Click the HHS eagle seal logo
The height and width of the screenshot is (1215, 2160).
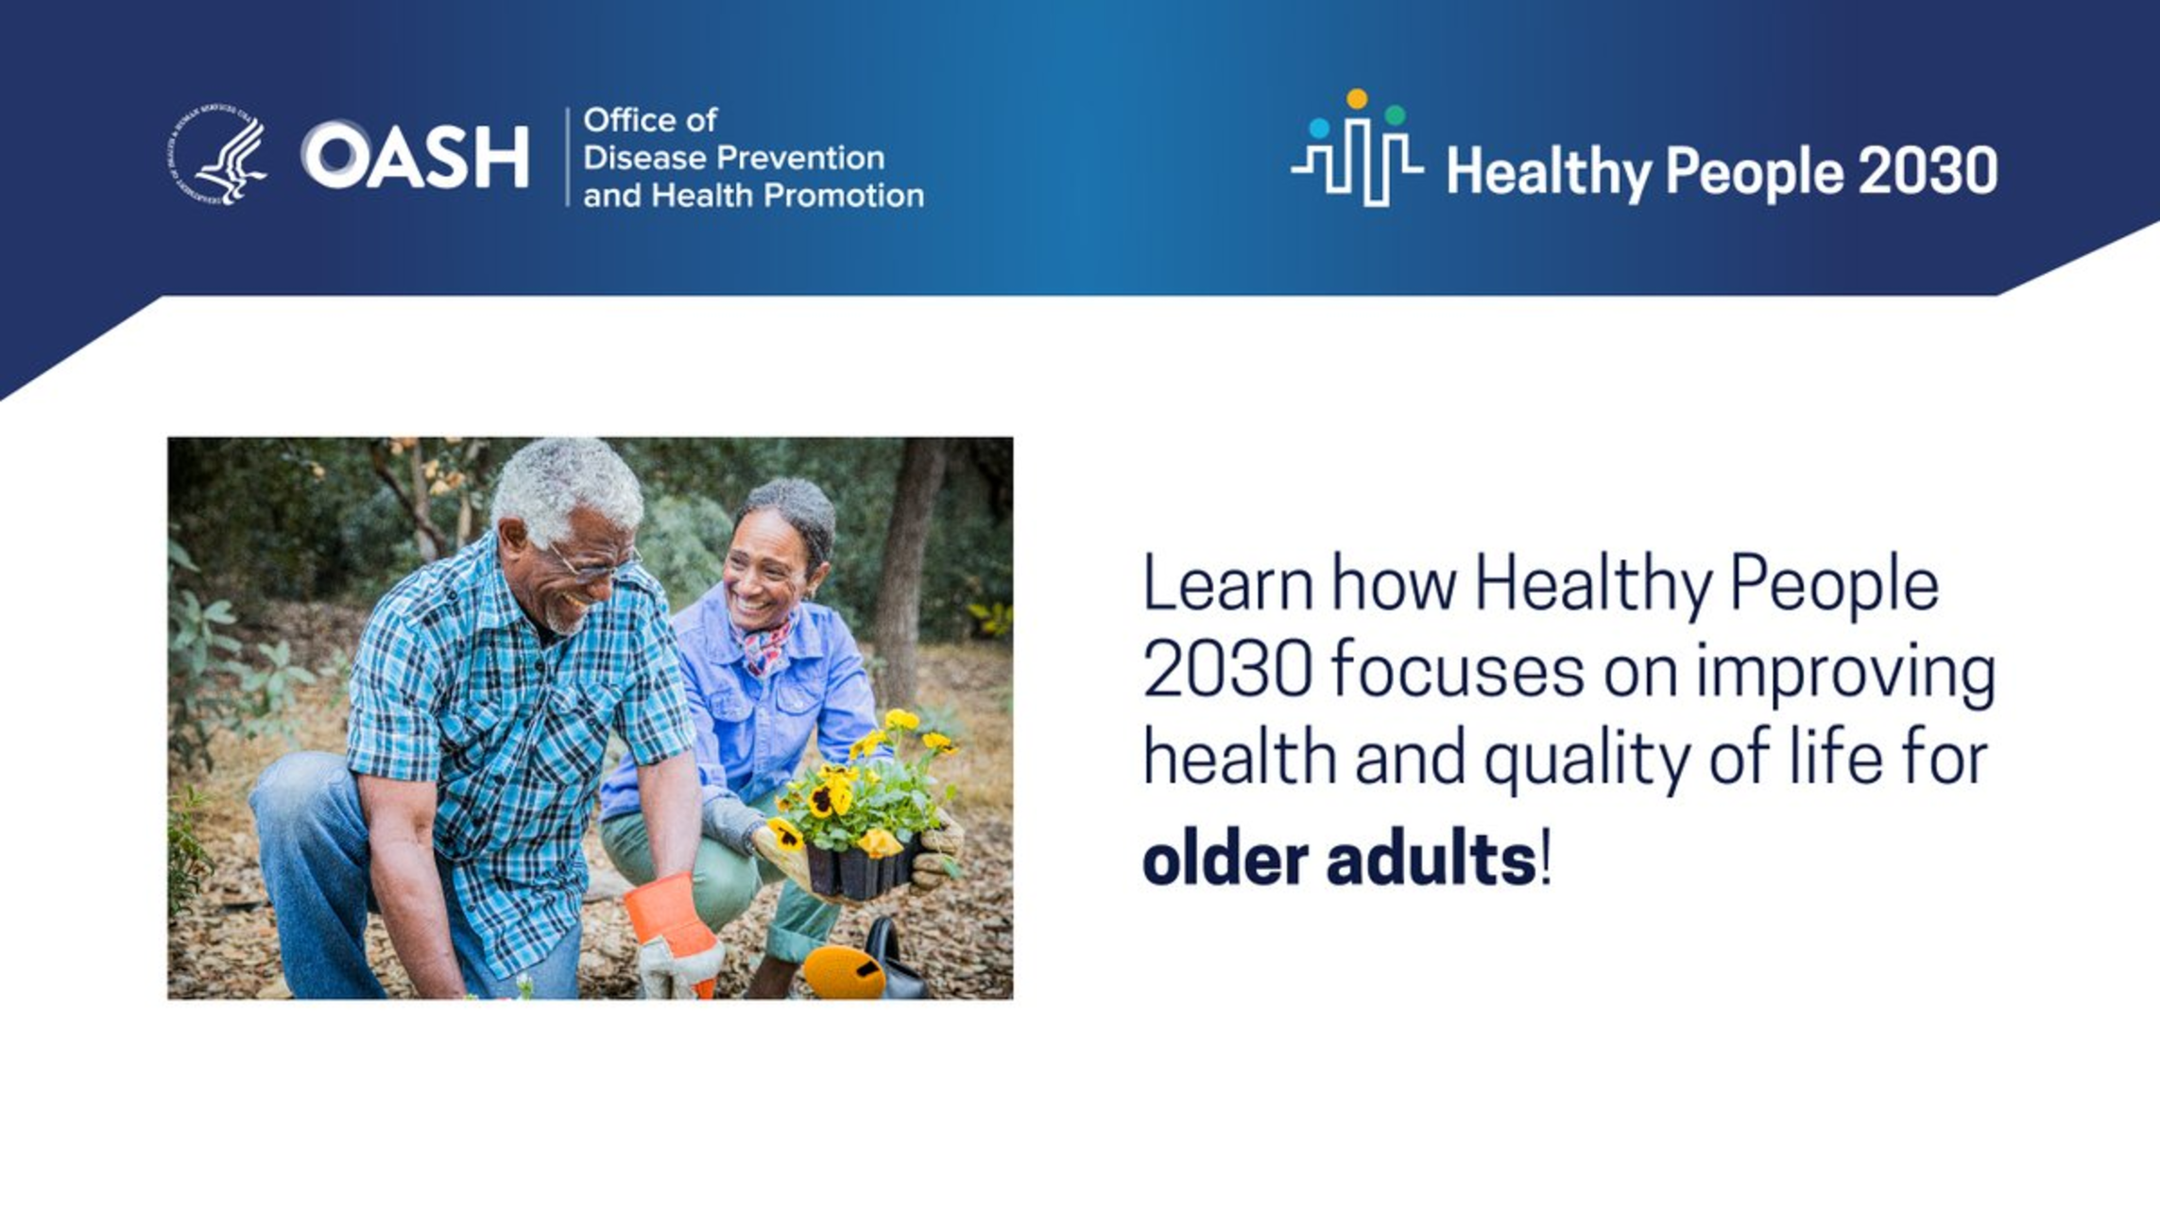(217, 154)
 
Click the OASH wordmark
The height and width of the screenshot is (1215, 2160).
(415, 155)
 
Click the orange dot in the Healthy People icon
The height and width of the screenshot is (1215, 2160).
(1357, 98)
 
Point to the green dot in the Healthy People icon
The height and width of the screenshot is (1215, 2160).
(1395, 115)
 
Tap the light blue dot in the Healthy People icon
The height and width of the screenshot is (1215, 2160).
(1319, 128)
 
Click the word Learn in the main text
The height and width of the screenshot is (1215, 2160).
(1227, 584)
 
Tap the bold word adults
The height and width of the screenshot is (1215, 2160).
(1431, 858)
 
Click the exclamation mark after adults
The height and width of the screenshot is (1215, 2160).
(1546, 858)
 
